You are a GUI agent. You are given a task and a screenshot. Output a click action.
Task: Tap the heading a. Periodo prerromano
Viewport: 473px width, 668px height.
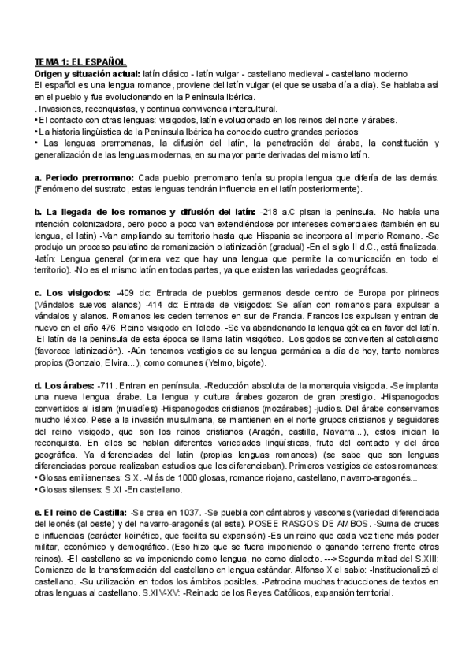[x=84, y=178]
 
